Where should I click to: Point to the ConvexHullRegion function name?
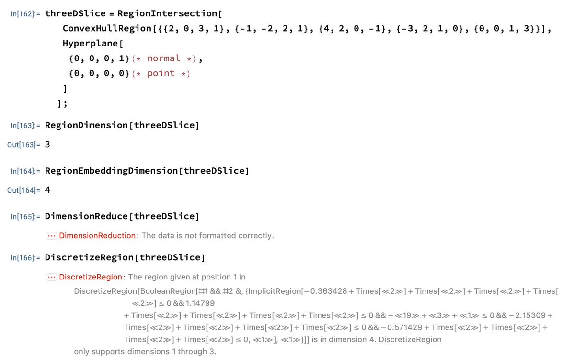click(107, 28)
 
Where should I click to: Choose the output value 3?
click(47, 144)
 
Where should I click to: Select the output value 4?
click(47, 190)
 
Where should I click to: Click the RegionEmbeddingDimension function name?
click(111, 171)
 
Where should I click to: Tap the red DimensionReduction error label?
click(97, 235)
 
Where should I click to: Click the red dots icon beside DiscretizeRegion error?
click(51, 277)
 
